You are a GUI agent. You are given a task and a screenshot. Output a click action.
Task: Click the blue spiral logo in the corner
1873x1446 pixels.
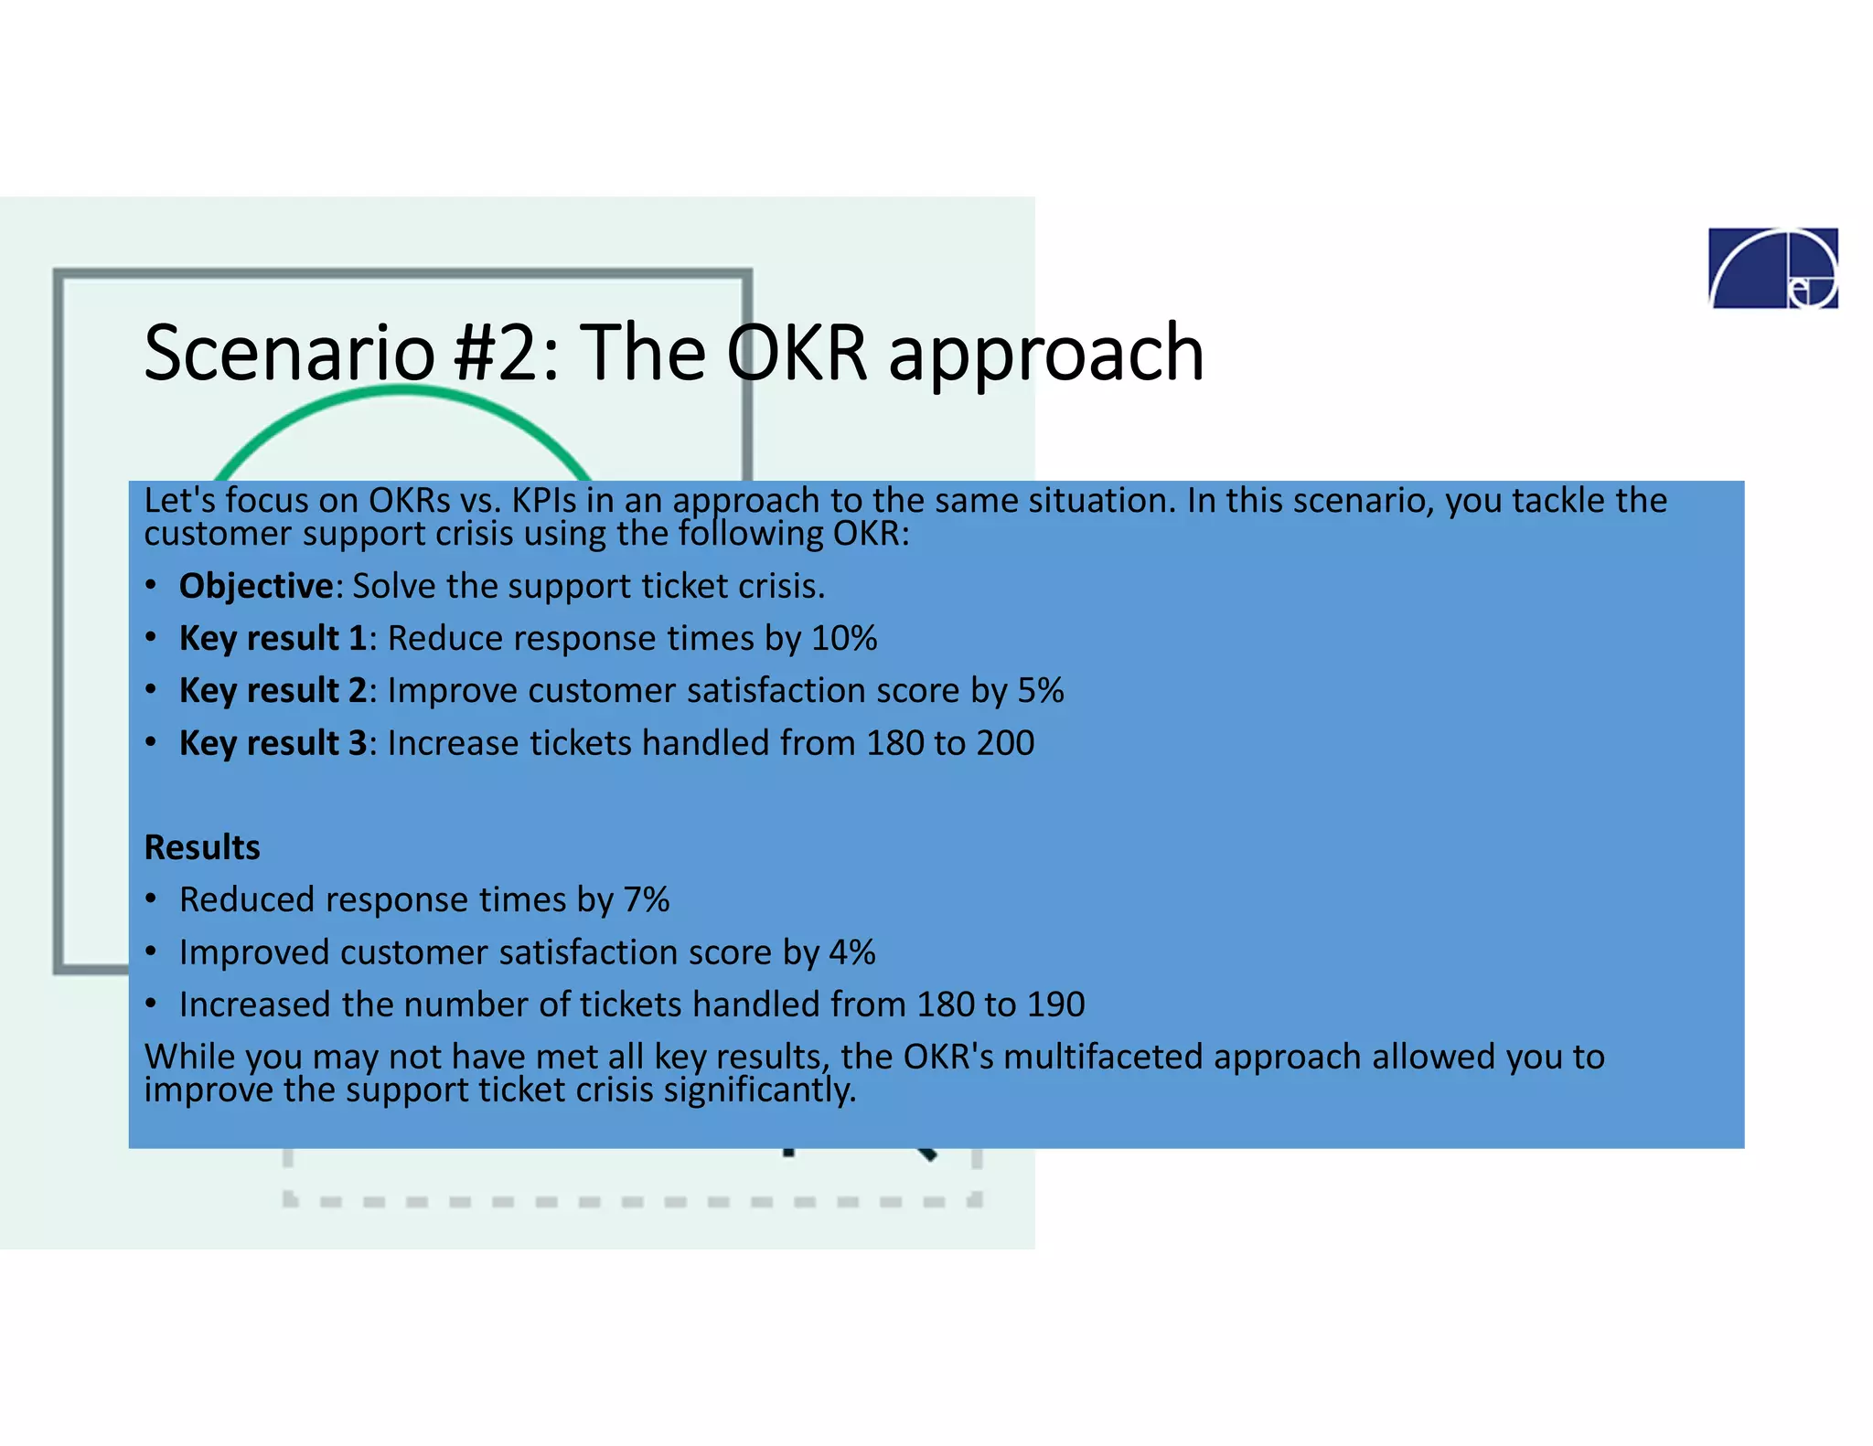1772,268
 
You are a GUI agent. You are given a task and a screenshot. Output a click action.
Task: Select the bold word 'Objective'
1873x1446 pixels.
256,586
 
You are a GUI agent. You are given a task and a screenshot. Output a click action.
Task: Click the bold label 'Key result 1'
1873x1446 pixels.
273,638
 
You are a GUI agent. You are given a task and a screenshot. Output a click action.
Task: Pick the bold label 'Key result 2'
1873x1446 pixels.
273,690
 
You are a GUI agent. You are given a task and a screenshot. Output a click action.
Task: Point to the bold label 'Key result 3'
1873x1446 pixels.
273,743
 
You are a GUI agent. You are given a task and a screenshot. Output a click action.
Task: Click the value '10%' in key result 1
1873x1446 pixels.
844,638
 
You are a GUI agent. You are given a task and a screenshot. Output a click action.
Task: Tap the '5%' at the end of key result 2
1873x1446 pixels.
1041,690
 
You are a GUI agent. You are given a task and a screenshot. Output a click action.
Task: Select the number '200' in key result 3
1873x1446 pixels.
1005,743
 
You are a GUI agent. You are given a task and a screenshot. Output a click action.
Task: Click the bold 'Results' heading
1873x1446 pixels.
202,847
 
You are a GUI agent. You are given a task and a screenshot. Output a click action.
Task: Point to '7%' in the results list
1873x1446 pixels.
647,900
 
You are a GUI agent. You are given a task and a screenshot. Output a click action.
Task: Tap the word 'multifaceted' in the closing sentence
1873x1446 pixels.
1103,1057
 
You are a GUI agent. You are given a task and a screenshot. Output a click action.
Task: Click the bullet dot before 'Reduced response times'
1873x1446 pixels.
152,900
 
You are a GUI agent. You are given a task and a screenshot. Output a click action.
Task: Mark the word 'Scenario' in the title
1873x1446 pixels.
289,353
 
